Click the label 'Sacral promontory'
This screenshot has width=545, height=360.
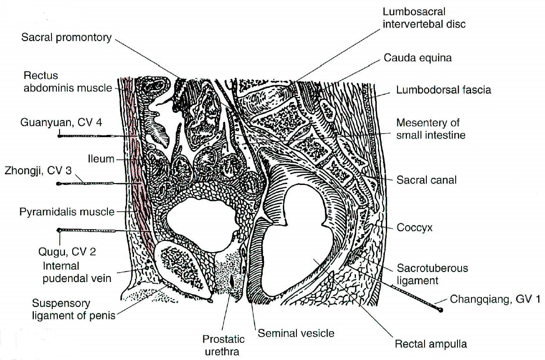pyautogui.click(x=66, y=38)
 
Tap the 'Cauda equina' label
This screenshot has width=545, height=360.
pyautogui.click(x=417, y=58)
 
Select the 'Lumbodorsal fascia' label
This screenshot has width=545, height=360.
pyautogui.click(x=443, y=90)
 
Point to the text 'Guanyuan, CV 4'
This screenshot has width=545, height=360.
pyautogui.click(x=61, y=123)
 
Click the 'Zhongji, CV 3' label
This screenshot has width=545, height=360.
pyautogui.click(x=38, y=171)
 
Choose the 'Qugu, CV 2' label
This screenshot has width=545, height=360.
pyautogui.click(x=67, y=252)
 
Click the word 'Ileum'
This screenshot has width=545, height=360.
pyautogui.click(x=101, y=159)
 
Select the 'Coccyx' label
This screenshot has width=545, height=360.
pyautogui.click(x=414, y=228)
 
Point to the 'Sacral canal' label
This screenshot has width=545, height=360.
pyautogui.click(x=426, y=180)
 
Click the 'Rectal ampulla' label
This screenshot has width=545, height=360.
pyautogui.click(x=431, y=344)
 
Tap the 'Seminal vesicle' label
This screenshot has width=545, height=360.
pyautogui.click(x=296, y=333)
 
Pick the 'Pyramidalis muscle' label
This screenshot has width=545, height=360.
pyautogui.click(x=67, y=212)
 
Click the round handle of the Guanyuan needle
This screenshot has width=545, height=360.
pyautogui.click(x=59, y=136)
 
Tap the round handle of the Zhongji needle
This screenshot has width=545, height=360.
pyautogui.click(x=58, y=184)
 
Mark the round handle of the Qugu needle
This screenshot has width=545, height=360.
pyautogui.click(x=58, y=230)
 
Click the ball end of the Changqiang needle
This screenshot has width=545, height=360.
pyautogui.click(x=440, y=310)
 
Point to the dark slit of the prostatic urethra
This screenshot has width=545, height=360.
pyautogui.click(x=232, y=282)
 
